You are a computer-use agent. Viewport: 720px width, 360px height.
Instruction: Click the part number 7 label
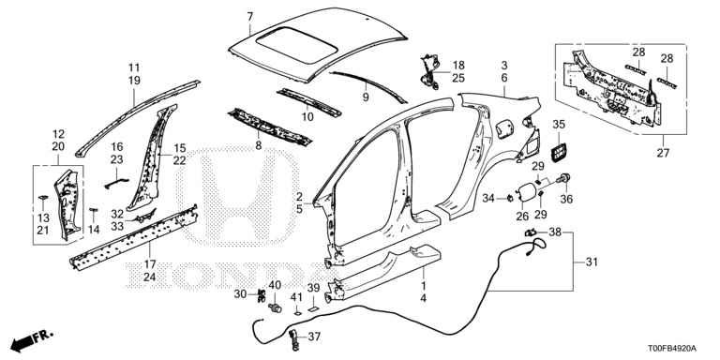pos(249,17)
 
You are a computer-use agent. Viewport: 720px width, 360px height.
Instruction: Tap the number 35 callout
pos(559,125)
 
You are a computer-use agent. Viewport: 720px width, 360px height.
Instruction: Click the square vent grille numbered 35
pos(559,152)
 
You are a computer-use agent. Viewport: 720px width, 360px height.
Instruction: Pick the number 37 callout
pos(314,337)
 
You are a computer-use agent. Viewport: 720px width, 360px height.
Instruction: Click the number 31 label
pos(592,262)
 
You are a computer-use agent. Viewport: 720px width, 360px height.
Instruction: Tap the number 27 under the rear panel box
pos(663,154)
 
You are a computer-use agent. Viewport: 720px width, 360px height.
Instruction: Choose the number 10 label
pos(307,117)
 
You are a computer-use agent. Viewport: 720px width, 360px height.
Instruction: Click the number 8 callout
pos(259,146)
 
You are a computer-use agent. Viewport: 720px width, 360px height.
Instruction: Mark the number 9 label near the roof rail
pos(366,97)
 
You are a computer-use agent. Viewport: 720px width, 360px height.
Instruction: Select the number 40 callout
pos(275,285)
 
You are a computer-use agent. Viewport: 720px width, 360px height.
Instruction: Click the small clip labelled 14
pos(94,214)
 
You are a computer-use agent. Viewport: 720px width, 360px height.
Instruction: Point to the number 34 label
pos(488,199)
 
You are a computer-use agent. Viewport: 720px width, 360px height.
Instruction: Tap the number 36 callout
pos(566,200)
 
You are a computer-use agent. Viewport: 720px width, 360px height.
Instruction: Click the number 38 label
pos(555,232)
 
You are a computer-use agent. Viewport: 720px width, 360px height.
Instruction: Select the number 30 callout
pos(241,294)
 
